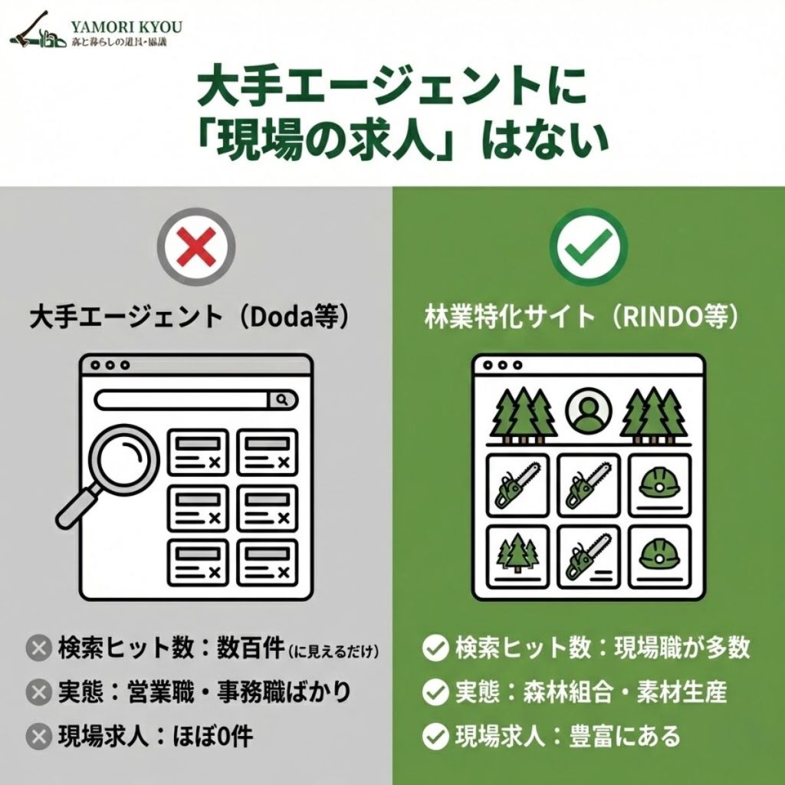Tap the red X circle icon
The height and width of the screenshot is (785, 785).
click(x=195, y=246)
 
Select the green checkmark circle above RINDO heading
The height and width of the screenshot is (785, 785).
click(x=588, y=246)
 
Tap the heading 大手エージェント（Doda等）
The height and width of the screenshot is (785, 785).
click(x=195, y=317)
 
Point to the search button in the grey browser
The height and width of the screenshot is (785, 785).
click(x=281, y=399)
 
